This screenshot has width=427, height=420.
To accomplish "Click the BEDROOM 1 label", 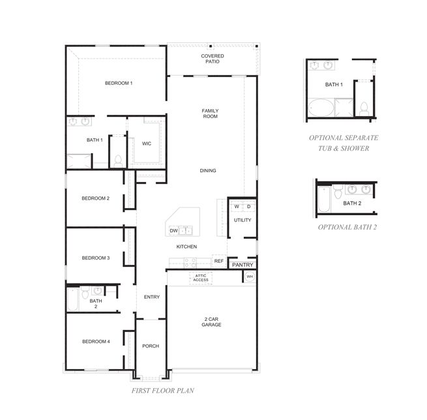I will pos(119,83).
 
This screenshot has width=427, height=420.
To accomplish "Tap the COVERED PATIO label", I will pos(212,59).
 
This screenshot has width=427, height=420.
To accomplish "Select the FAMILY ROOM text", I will pos(209,113).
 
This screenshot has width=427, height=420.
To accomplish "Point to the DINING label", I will pos(208,171).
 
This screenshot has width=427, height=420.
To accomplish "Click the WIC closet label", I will pos(147,143).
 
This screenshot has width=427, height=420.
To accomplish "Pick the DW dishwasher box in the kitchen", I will pos(174,231).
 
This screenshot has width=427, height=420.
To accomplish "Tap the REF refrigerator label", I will pos(219,261).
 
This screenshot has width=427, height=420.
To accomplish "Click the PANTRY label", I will pos(242,265).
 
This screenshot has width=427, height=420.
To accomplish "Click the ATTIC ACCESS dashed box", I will pos(200,278).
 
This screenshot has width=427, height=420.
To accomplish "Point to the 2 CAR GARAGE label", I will pos(211,322).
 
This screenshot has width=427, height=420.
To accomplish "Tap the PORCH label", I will pos(151,346).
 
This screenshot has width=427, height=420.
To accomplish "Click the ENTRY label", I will pos(151,297).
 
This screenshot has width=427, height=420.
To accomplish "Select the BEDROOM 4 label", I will pos(95,342).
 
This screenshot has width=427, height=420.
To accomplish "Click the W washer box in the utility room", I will pos(237,207).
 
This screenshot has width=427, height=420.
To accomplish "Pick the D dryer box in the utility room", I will pos(248,207).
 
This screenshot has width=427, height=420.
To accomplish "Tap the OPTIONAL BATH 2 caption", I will pos(347,228).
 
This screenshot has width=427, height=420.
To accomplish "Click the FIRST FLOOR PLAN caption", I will pos(160,391).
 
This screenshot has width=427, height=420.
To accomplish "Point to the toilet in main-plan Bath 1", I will pos(118,159).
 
